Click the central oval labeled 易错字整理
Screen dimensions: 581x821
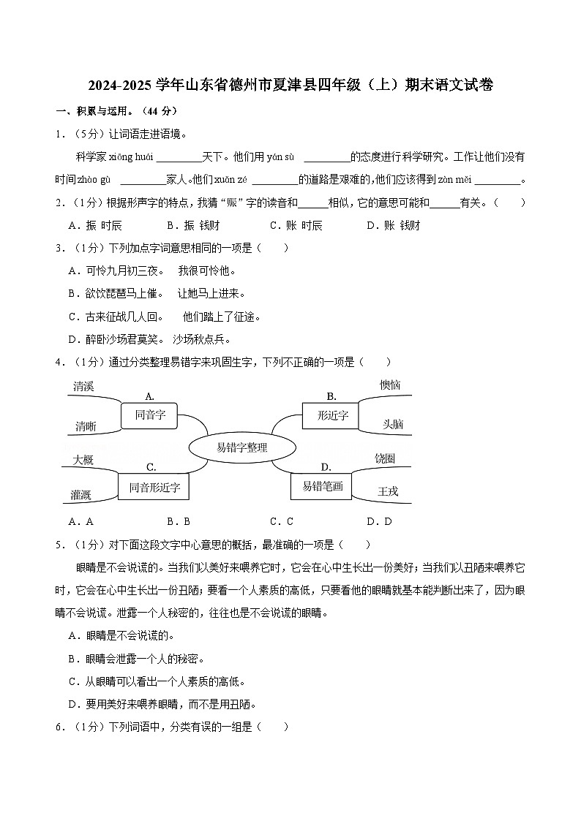(x=242, y=447)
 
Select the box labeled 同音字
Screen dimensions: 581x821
(x=150, y=415)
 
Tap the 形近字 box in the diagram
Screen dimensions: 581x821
(x=333, y=415)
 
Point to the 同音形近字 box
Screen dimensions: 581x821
(x=154, y=486)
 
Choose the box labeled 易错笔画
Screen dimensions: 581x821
(x=322, y=485)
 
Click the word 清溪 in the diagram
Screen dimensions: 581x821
(x=83, y=386)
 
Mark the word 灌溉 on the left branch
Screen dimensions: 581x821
(x=81, y=495)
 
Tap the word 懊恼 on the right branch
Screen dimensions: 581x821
(x=390, y=385)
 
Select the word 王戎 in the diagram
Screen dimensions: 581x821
(x=388, y=491)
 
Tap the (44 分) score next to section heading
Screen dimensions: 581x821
(x=160, y=111)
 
